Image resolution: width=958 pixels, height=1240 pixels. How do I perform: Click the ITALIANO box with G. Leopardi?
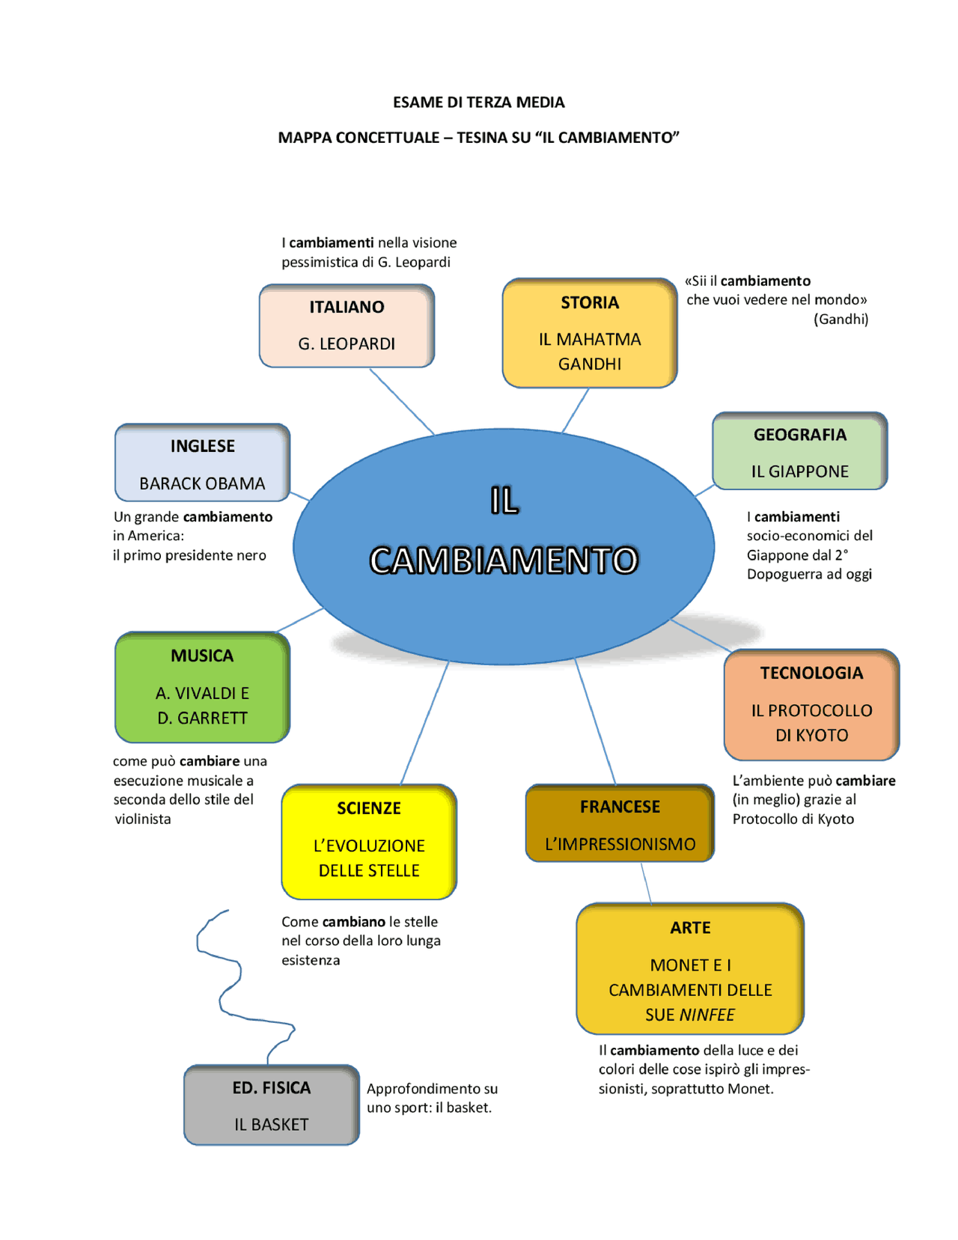click(x=347, y=326)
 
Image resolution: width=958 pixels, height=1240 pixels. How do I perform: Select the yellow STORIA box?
click(x=590, y=333)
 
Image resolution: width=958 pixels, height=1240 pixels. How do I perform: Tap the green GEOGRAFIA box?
click(x=799, y=451)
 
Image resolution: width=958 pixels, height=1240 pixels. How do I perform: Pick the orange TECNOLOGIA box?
click(x=811, y=704)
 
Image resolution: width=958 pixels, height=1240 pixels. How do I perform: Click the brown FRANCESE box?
click(x=620, y=823)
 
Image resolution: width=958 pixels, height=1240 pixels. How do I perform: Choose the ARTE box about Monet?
click(x=690, y=969)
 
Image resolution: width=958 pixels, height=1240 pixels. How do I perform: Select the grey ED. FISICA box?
click(x=271, y=1105)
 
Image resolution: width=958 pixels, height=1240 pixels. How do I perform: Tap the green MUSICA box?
click(x=202, y=687)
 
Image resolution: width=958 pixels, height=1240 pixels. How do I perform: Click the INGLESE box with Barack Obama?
click(x=202, y=462)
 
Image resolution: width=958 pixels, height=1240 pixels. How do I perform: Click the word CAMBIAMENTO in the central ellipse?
click(x=504, y=561)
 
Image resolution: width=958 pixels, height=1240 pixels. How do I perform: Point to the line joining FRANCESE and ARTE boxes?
click(x=646, y=883)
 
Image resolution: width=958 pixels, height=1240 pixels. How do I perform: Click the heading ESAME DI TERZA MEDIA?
click(x=478, y=103)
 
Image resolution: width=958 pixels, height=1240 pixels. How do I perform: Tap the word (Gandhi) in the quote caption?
click(x=840, y=320)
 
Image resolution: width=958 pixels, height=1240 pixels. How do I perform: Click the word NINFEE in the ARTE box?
click(x=707, y=1015)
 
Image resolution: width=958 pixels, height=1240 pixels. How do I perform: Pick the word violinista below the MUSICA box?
click(x=143, y=819)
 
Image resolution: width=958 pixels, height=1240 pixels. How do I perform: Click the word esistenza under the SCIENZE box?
click(x=311, y=960)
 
